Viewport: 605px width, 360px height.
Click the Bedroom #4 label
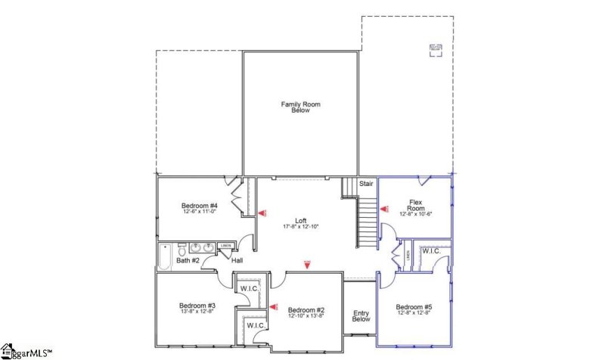tap(200, 206)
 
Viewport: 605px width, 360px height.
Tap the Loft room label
tap(301, 220)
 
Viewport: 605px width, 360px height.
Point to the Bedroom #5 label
tap(413, 308)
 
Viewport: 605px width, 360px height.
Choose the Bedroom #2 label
tap(306, 310)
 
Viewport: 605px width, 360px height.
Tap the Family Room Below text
tap(301, 107)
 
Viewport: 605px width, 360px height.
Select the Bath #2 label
tap(188, 261)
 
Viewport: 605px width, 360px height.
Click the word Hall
tap(237, 261)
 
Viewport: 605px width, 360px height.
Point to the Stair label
tap(366, 183)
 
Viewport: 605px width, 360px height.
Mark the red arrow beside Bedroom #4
tap(262, 214)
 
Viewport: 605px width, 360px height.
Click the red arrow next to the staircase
tap(382, 205)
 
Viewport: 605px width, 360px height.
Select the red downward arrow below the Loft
tap(307, 264)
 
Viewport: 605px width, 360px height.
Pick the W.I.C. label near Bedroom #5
tap(432, 250)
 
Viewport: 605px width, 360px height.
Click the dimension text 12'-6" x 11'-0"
tap(200, 213)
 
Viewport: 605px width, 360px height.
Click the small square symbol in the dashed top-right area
tap(436, 50)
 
